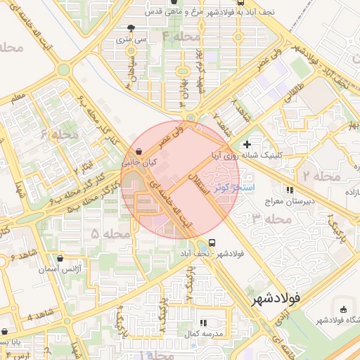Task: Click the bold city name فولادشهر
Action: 275,299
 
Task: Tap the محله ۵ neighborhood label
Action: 105,232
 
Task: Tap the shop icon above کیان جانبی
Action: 139,151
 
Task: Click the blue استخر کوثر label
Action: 248,188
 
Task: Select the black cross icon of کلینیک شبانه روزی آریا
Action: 247,143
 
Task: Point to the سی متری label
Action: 132,40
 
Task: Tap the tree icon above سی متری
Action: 131,29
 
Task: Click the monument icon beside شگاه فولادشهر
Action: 343,310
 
